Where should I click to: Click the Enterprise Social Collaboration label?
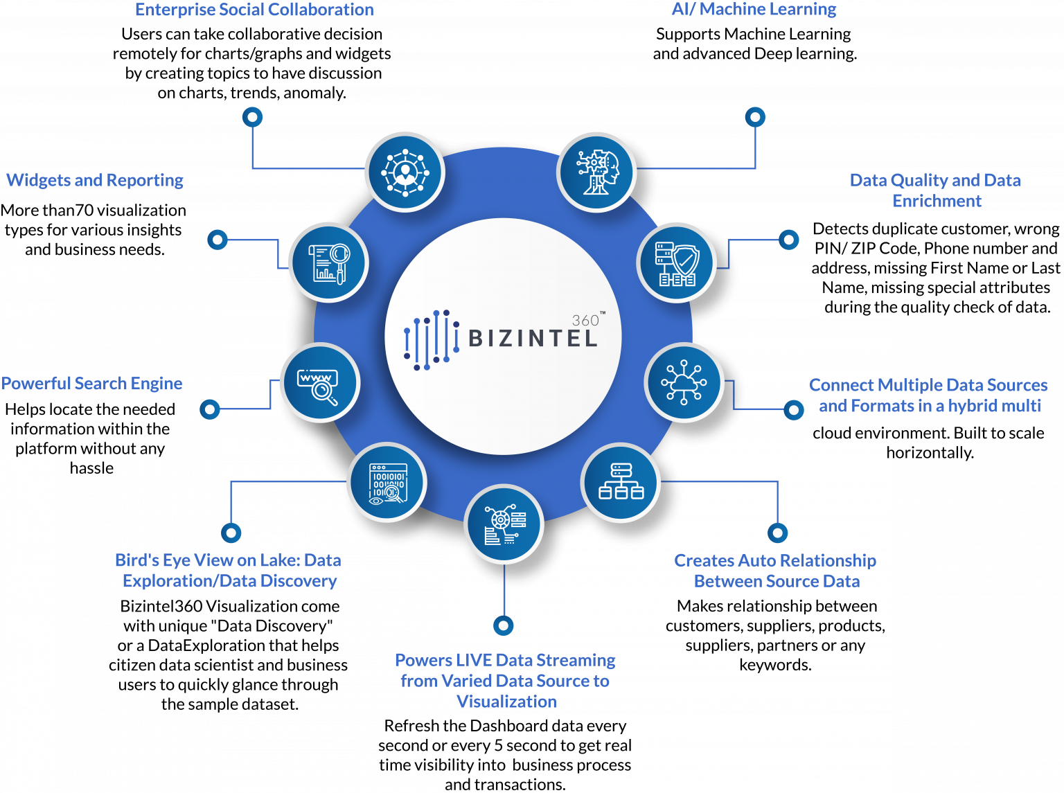tap(254, 10)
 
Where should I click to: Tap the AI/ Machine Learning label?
tap(754, 9)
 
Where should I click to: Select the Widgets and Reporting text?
tap(95, 180)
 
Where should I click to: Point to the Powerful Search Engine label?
tap(91, 384)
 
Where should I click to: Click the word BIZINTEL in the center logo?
tap(533, 339)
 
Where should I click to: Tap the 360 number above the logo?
tap(585, 320)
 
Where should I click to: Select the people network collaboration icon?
tap(405, 171)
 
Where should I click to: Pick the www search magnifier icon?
tap(319, 383)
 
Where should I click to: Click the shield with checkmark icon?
tap(676, 262)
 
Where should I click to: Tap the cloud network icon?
tap(684, 382)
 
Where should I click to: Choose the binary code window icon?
tap(387, 482)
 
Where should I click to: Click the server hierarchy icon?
tap(621, 482)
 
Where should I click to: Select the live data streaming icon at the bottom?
tap(504, 524)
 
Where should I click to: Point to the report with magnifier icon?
tap(328, 262)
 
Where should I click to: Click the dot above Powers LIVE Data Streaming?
tap(504, 625)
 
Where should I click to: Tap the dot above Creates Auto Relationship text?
tap(777, 533)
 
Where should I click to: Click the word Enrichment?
tap(937, 201)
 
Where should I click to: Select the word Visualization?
tap(506, 702)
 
